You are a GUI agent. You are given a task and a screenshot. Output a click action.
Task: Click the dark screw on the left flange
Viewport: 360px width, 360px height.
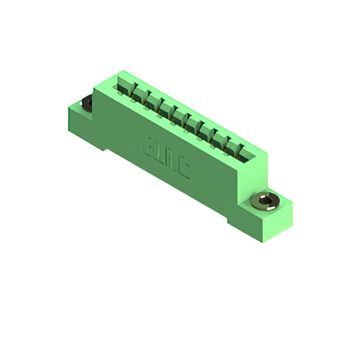[87, 103]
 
